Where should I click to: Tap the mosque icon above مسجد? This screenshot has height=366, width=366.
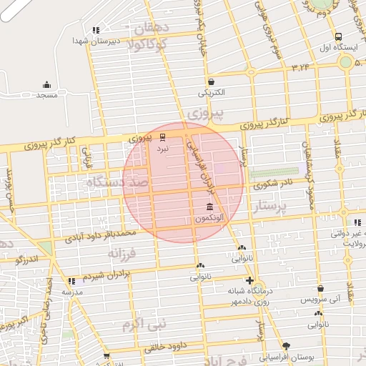coord(47,84)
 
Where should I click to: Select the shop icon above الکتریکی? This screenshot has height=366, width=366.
coord(212,81)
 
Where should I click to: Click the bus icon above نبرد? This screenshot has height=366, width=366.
coord(163,137)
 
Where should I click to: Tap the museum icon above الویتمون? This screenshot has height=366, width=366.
coord(209,207)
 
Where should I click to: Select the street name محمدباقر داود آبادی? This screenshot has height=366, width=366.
coord(100,234)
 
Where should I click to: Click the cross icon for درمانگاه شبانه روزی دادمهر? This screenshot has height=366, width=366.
coord(249,280)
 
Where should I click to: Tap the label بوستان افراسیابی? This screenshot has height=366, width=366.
coord(287,355)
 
